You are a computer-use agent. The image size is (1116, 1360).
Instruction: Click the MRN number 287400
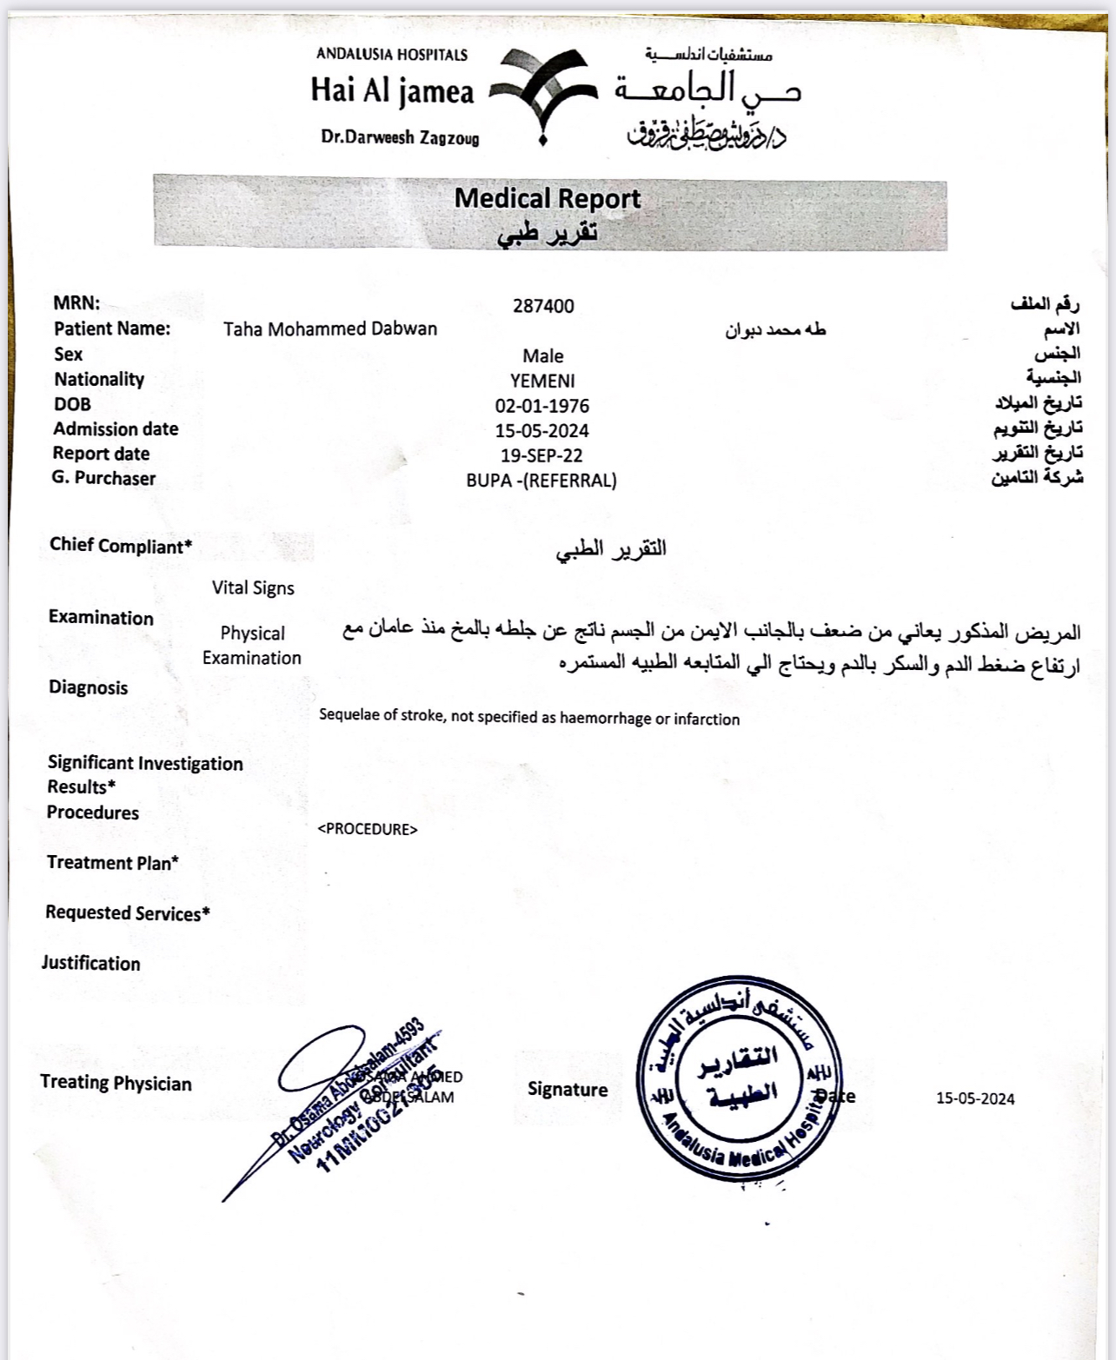(543, 306)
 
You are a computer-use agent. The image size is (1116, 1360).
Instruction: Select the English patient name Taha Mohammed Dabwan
(330, 329)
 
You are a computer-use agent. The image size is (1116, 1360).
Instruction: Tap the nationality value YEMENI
(542, 381)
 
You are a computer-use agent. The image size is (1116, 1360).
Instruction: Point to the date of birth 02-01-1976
(542, 406)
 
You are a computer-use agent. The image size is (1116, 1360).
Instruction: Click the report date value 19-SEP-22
(541, 455)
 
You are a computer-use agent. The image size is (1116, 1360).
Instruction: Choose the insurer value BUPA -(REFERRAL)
(541, 481)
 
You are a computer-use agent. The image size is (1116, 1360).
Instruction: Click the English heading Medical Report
(547, 199)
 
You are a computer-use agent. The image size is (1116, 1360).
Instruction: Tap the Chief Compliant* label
(121, 546)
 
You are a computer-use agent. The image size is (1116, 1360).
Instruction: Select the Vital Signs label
(253, 588)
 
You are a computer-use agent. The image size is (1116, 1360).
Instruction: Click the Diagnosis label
(89, 688)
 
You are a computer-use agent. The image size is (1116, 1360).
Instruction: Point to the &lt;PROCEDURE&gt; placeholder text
(368, 829)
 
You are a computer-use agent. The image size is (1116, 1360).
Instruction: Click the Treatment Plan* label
(113, 863)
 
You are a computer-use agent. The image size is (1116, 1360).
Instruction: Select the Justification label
(91, 964)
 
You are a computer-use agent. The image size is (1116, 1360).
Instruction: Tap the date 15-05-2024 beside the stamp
(975, 1098)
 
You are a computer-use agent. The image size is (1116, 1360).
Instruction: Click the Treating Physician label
(116, 1083)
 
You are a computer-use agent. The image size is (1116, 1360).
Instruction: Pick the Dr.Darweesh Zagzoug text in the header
(400, 137)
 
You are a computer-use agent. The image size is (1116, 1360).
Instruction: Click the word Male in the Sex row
(543, 356)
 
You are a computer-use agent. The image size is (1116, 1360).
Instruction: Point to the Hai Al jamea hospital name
(393, 91)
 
